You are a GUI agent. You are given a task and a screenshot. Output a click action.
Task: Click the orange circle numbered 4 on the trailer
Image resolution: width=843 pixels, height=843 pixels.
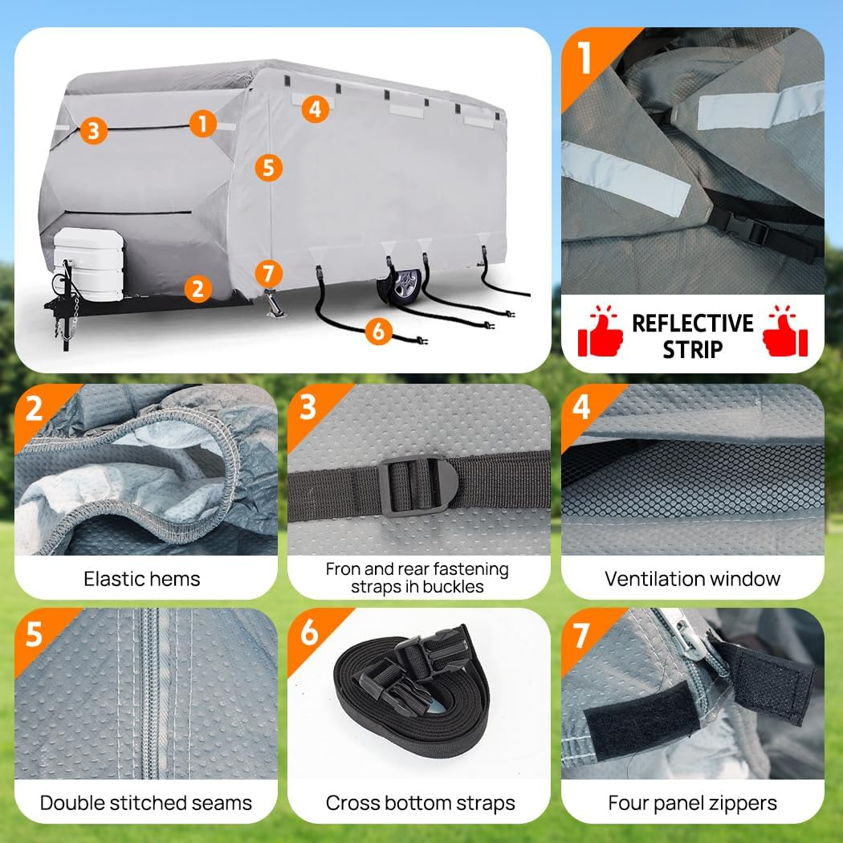click(x=316, y=108)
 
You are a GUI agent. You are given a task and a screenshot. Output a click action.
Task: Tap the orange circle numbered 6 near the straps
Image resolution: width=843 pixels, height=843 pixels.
click(x=378, y=330)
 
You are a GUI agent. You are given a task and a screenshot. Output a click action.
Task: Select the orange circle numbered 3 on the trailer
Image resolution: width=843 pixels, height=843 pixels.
click(x=94, y=130)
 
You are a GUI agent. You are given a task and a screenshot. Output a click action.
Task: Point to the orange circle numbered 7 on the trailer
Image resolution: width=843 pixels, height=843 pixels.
click(x=268, y=272)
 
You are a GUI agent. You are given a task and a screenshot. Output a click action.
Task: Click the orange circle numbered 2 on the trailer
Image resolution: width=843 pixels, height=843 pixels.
click(x=198, y=287)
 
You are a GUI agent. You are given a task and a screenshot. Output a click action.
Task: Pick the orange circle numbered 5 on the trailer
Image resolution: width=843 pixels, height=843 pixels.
click(x=268, y=167)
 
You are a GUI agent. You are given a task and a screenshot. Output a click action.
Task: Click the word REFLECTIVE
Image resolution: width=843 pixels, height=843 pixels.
click(x=692, y=324)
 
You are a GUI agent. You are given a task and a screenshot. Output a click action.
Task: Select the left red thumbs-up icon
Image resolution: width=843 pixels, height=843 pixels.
click(x=601, y=335)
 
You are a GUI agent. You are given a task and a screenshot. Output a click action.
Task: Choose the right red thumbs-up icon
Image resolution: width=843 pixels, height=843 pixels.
click(x=784, y=335)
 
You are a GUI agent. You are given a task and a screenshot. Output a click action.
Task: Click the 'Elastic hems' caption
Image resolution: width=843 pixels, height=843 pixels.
click(x=142, y=579)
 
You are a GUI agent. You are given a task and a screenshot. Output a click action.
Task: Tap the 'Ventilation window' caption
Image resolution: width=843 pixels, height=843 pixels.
click(x=692, y=579)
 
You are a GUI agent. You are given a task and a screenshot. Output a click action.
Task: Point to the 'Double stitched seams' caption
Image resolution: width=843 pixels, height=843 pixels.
click(x=146, y=802)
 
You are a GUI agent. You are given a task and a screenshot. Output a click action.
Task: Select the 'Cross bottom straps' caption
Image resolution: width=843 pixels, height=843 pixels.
click(x=420, y=802)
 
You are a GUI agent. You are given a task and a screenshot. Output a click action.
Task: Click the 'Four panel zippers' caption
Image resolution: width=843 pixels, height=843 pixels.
click(x=692, y=802)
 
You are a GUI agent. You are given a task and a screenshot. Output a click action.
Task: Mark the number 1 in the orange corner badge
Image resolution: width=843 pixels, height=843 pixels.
click(x=584, y=59)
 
